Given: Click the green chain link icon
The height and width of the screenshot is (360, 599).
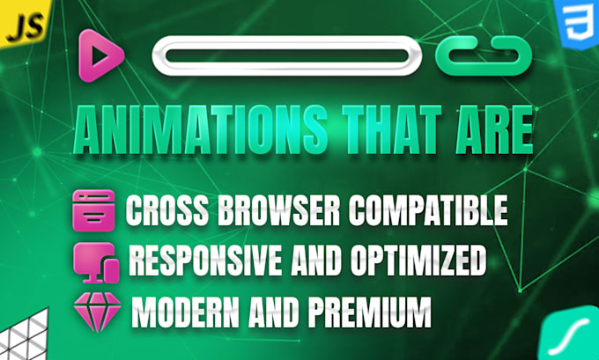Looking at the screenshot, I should [x=484, y=55].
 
